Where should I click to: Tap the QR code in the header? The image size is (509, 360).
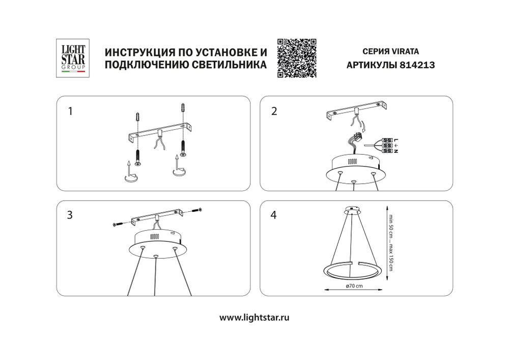point(297,58)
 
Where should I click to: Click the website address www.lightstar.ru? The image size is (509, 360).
point(254,317)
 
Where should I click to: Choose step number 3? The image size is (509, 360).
point(70,215)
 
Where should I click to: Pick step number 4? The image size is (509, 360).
point(274,215)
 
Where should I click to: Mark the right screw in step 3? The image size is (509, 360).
point(197,210)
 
